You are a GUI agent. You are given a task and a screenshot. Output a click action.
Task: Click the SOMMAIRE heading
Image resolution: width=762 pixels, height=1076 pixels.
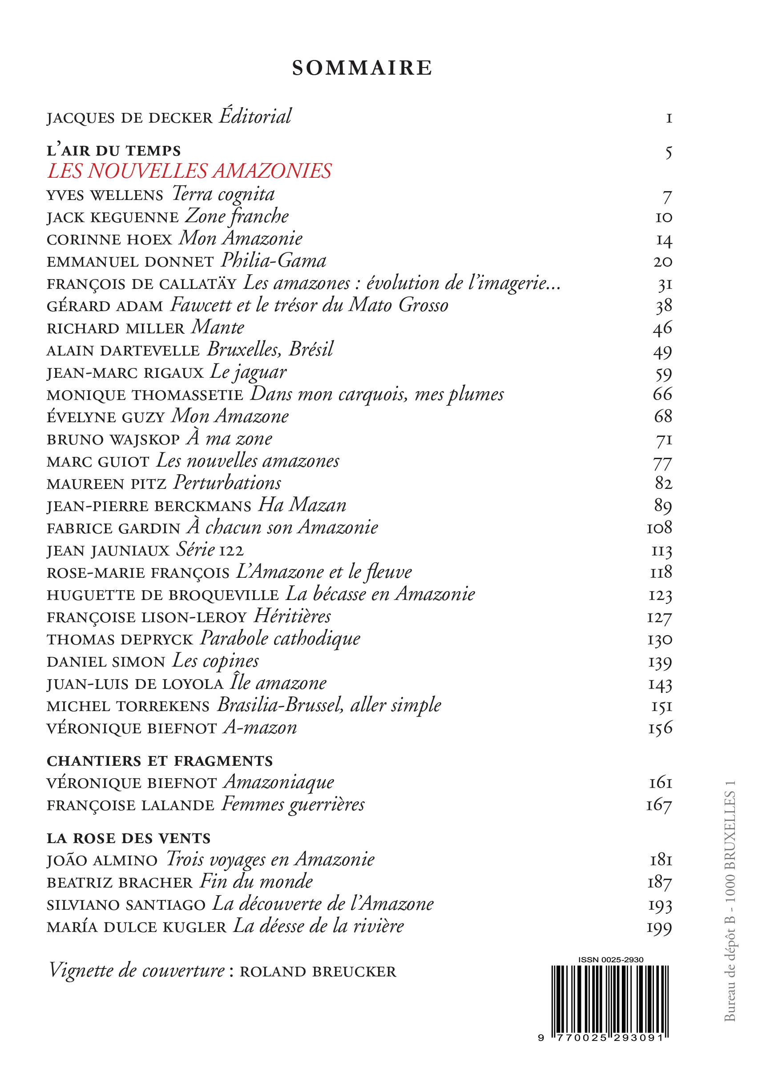[362, 68]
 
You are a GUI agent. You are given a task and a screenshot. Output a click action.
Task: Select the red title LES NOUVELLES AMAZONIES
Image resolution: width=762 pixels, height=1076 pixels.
[189, 171]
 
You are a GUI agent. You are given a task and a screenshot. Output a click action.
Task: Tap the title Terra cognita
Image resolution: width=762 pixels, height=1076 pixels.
[223, 194]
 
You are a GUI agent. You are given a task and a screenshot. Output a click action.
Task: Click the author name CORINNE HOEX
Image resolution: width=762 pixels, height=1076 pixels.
[109, 240]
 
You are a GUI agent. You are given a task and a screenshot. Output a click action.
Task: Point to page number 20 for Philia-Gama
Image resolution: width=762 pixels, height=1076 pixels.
[662, 262]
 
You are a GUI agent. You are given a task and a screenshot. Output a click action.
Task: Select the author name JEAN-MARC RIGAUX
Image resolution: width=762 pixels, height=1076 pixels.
[125, 373]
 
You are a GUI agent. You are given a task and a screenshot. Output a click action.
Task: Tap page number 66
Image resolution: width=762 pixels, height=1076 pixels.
[662, 394]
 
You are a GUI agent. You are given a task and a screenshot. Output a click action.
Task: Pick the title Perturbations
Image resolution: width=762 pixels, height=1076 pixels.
[228, 484]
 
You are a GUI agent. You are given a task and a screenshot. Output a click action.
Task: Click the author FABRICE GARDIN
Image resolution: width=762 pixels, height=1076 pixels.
[113, 528]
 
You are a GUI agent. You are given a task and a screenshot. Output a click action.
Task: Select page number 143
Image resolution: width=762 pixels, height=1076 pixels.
[660, 684]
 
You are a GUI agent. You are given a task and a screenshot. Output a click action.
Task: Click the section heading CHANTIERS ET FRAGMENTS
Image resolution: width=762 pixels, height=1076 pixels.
[160, 760]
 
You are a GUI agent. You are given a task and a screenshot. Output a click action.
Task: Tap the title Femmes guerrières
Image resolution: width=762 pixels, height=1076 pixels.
[293, 804]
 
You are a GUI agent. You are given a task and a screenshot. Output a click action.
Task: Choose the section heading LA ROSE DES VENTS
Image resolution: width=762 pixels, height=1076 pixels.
[129, 838]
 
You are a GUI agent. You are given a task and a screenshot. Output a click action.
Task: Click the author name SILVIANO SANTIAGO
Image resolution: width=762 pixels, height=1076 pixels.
[126, 904]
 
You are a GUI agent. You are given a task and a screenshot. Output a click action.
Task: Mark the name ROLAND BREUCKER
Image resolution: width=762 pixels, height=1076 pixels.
[318, 972]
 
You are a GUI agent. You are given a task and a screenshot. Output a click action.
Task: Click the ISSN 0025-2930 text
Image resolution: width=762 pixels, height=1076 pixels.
[610, 960]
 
